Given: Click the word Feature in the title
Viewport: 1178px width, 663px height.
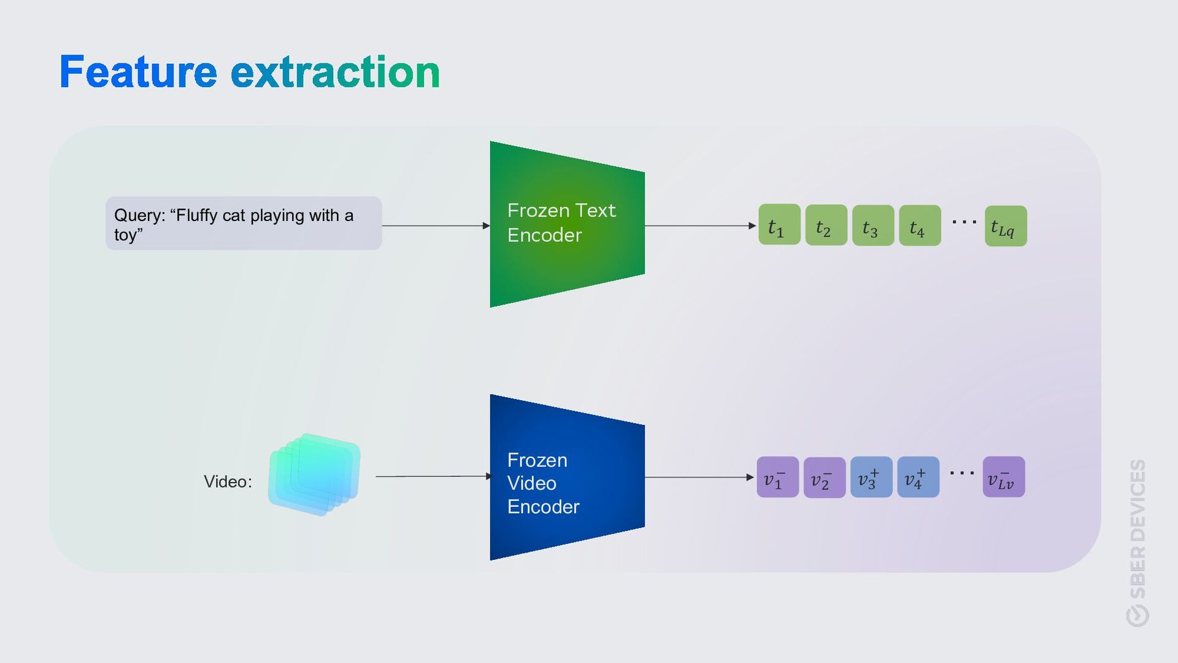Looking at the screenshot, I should pyautogui.click(x=138, y=72).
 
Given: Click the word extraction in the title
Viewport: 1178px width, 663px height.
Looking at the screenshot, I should pyautogui.click(x=335, y=72).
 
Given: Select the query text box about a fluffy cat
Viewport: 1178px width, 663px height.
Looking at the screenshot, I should pyautogui.click(x=243, y=223).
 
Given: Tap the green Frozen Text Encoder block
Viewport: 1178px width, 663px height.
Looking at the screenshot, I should pyautogui.click(x=566, y=223).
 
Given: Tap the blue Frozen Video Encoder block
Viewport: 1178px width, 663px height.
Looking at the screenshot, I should pyautogui.click(x=566, y=478).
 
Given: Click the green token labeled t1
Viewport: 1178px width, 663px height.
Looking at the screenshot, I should pyautogui.click(x=779, y=225).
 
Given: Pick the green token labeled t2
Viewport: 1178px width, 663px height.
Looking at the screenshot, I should pyautogui.click(x=826, y=225).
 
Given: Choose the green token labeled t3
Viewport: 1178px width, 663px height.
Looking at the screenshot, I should pyautogui.click(x=872, y=225).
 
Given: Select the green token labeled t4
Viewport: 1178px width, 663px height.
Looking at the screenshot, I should pyautogui.click(x=919, y=225).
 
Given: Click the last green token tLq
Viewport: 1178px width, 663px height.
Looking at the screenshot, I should pyautogui.click(x=1005, y=226).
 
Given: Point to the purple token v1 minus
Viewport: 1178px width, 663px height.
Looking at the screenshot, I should pyautogui.click(x=777, y=477).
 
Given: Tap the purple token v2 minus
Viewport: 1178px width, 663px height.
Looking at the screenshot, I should pyautogui.click(x=824, y=478).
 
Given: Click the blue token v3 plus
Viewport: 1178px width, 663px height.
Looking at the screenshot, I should pyautogui.click(x=871, y=477).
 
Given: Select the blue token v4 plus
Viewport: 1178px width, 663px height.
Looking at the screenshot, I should pyautogui.click(x=918, y=477).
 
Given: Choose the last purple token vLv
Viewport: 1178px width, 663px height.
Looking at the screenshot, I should pyautogui.click(x=1003, y=477).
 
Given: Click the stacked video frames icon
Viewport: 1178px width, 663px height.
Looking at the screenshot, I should pyautogui.click(x=314, y=475).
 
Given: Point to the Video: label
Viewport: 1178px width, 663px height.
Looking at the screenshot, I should pyautogui.click(x=228, y=482).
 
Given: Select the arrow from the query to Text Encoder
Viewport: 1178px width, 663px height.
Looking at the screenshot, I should pyautogui.click(x=436, y=226).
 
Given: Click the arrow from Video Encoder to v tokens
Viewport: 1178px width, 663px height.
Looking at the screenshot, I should pyautogui.click(x=699, y=477).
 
